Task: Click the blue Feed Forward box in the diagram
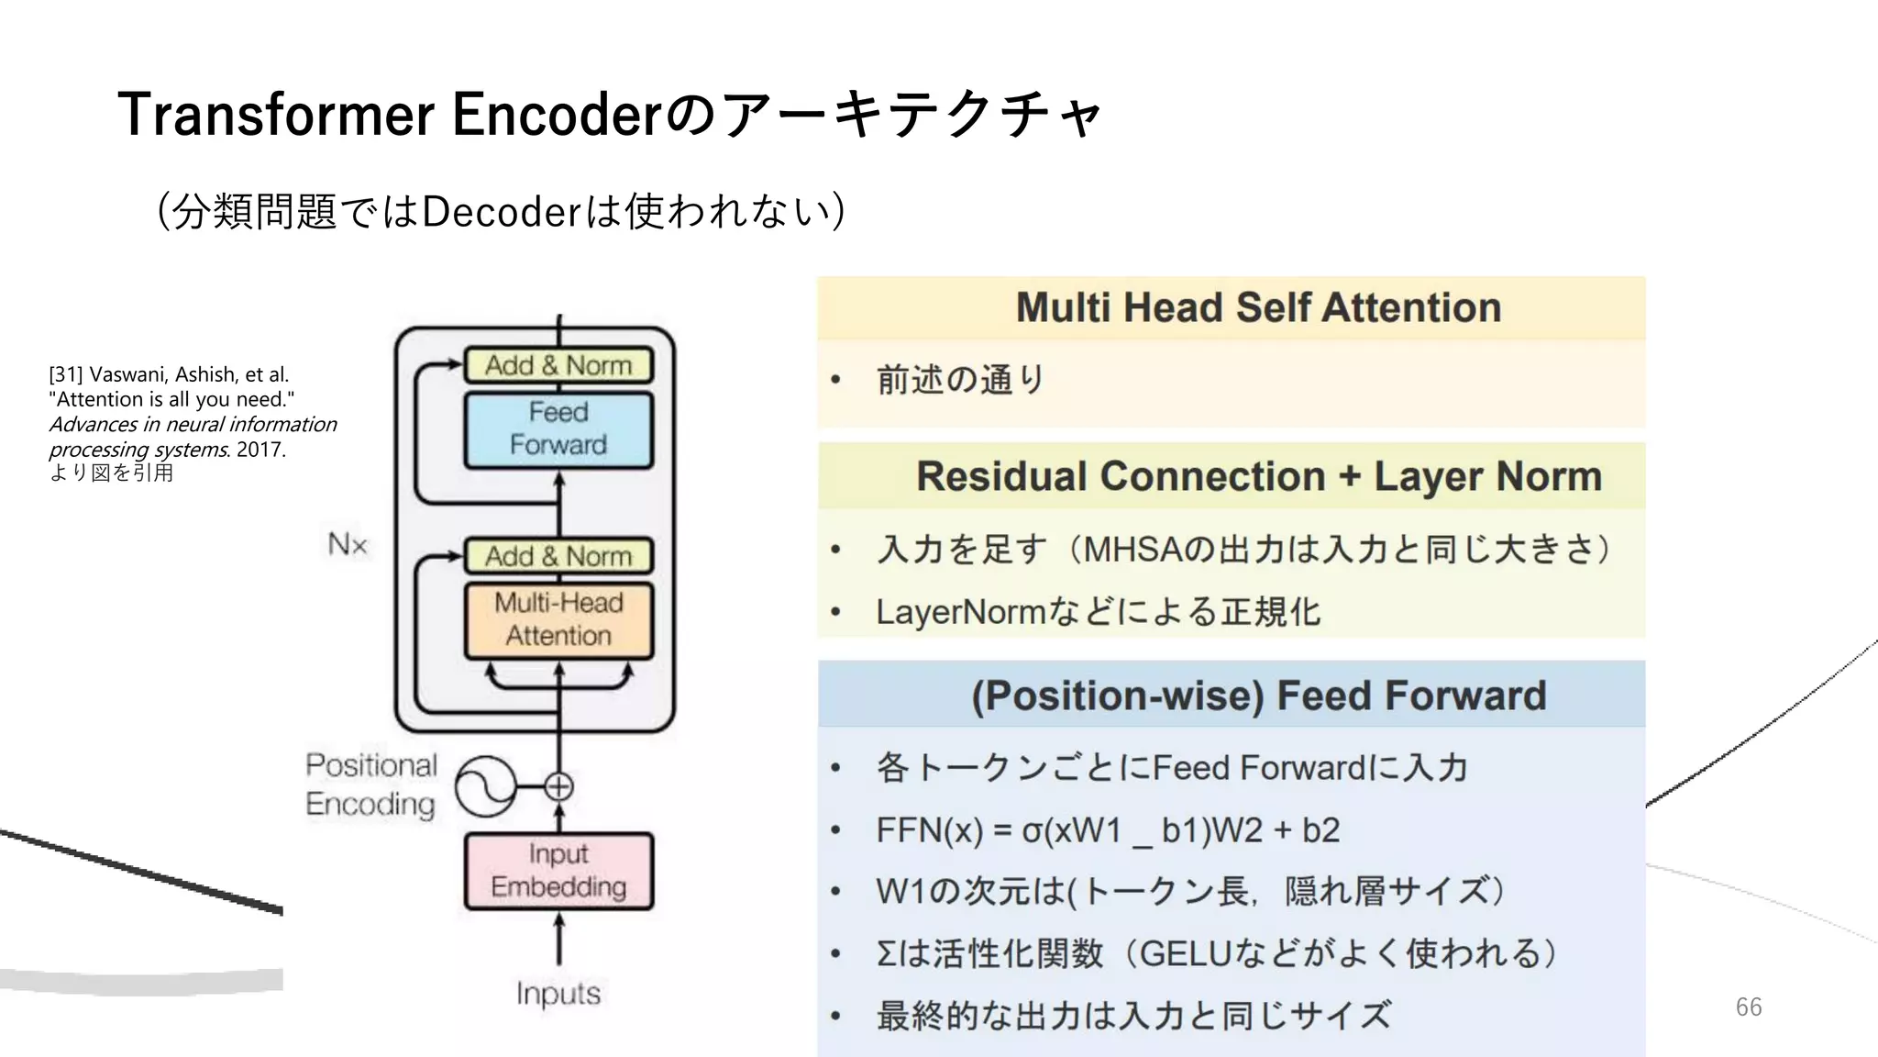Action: point(558,429)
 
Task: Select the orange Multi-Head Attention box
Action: point(558,619)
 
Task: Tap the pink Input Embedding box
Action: point(558,871)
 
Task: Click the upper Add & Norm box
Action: point(558,365)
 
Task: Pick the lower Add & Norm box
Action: point(558,556)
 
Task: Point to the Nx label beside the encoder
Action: point(348,544)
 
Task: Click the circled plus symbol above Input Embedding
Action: point(558,786)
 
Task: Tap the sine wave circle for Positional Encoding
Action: point(486,786)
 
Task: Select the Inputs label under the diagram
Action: point(558,993)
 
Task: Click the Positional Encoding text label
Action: point(371,784)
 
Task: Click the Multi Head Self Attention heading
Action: point(1258,307)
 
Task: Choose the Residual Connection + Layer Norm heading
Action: point(1258,476)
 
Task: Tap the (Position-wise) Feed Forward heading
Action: point(1258,695)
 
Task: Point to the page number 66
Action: point(1748,1007)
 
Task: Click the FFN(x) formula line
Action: point(1107,830)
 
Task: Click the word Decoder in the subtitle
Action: point(501,212)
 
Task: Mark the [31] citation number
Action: point(65,374)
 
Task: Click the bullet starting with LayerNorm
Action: point(1097,612)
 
